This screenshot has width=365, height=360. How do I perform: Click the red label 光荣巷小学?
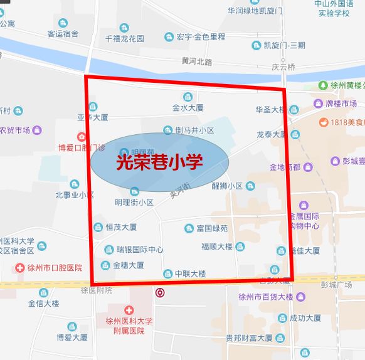point(159,162)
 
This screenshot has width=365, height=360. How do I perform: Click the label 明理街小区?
point(134,202)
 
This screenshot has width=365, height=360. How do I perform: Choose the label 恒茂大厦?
point(121,227)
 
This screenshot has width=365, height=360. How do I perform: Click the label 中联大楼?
point(190,273)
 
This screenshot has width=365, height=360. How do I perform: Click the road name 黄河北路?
point(197,61)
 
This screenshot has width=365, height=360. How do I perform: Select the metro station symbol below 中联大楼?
point(161,292)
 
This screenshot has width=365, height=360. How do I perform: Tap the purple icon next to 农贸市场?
point(38,130)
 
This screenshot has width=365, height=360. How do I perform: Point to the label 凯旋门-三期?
point(283,46)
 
